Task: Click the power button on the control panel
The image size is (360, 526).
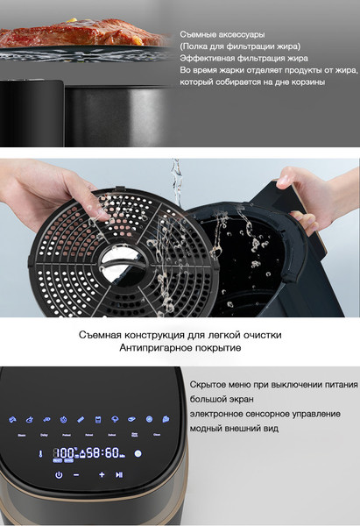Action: pyautogui.click(x=59, y=474)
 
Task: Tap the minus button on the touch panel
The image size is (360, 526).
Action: pyautogui.click(x=76, y=474)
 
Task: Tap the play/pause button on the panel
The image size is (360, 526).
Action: pyautogui.click(x=119, y=474)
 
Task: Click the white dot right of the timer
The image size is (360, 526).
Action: pyautogui.click(x=138, y=453)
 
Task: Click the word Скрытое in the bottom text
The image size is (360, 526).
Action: pyautogui.click(x=214, y=384)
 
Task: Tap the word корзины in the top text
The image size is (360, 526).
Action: pyautogui.click(x=303, y=82)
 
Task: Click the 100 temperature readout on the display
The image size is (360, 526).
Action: pyautogui.click(x=63, y=452)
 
